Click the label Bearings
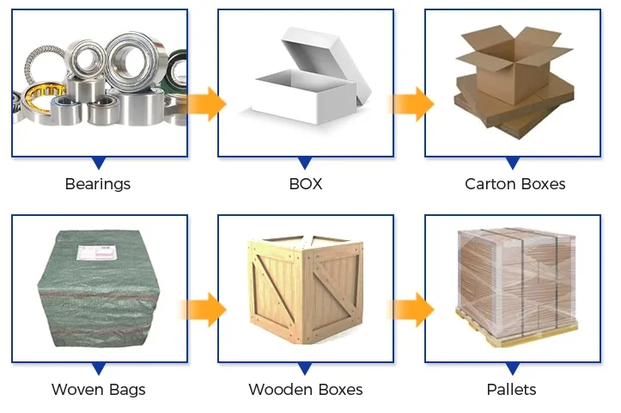[x=98, y=183]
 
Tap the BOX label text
[x=306, y=183]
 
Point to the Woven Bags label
[x=99, y=390]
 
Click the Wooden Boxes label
[x=306, y=390]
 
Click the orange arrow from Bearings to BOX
[x=206, y=104]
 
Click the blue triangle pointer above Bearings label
[x=99, y=162]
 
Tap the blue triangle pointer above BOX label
[x=306, y=162]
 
